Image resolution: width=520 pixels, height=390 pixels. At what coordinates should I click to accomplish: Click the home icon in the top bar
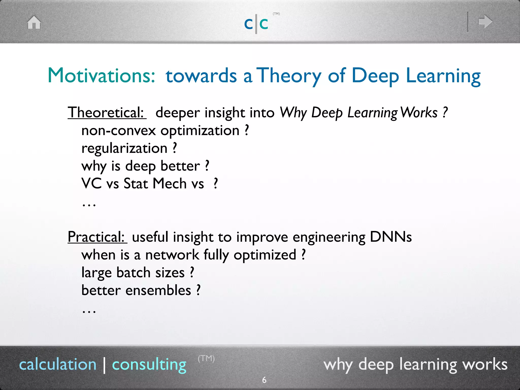click(34, 22)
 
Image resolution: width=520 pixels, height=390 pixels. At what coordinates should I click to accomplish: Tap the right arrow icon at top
click(485, 22)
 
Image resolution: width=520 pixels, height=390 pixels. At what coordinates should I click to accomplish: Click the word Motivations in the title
click(101, 75)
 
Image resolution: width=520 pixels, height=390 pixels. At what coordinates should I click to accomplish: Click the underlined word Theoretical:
click(106, 112)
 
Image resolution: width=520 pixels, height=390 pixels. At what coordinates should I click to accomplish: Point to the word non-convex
click(118, 131)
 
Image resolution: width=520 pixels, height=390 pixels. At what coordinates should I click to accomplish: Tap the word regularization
click(124, 149)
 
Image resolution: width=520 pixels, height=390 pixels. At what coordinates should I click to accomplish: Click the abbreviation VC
click(91, 184)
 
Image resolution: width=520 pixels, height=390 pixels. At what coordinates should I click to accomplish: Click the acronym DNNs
click(391, 237)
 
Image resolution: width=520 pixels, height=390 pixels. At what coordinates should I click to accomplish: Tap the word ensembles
click(158, 290)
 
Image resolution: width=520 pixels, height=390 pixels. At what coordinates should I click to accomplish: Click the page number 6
click(264, 380)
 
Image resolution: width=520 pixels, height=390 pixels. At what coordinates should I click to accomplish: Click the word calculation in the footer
click(58, 364)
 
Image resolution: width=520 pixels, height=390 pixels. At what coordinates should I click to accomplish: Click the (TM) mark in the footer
click(206, 359)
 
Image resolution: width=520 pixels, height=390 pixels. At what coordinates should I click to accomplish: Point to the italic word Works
click(419, 112)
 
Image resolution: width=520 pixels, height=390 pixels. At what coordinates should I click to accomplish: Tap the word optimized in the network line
click(265, 255)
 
